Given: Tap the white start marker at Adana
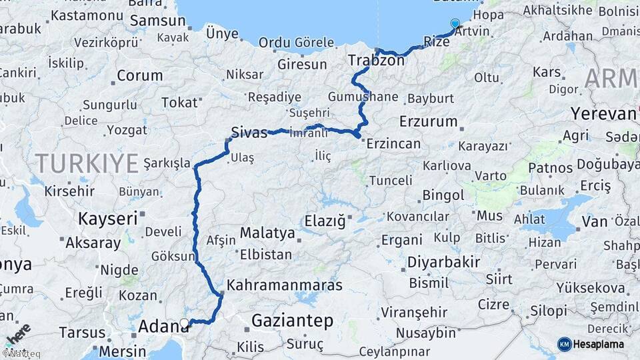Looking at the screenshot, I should (x=184, y=323).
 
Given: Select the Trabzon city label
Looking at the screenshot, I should (x=376, y=61).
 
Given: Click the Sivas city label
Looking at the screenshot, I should (x=249, y=131).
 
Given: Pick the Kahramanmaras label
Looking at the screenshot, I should (x=285, y=285).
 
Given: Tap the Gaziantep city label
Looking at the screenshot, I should (x=292, y=321).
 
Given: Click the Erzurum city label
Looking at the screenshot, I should (x=428, y=122).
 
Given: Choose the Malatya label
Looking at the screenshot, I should (x=267, y=233).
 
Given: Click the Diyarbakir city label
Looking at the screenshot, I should (x=443, y=262).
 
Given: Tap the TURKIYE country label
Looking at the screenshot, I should (x=87, y=162).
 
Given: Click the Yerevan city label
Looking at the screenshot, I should (x=603, y=113).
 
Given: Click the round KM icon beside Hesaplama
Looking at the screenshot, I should (x=564, y=344).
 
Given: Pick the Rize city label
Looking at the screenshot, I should (x=437, y=41).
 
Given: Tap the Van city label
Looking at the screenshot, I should (x=593, y=220).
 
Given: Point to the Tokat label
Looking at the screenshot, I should (x=180, y=102).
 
